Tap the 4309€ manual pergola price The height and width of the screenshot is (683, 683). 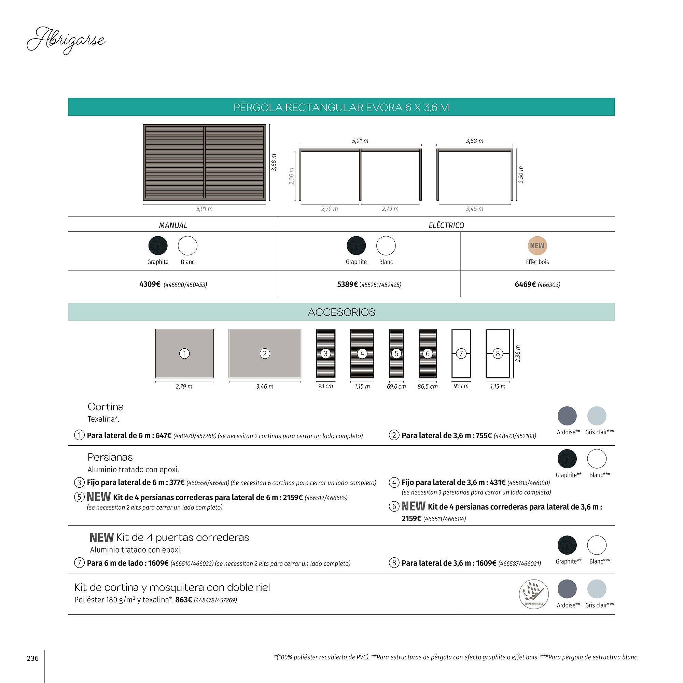[150, 284]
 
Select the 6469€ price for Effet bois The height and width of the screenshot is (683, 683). [525, 284]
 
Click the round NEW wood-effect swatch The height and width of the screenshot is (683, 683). [537, 246]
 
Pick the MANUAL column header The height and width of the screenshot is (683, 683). [173, 225]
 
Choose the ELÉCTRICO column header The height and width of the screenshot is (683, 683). [446, 225]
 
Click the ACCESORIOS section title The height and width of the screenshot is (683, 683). [341, 312]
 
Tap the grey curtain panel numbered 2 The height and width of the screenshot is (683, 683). [265, 353]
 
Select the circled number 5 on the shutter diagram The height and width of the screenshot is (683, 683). [396, 353]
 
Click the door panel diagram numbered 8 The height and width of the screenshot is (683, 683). [498, 353]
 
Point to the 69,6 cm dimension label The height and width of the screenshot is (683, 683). [396, 386]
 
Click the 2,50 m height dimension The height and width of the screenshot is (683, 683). [521, 175]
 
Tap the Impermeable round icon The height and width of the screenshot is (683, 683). [534, 594]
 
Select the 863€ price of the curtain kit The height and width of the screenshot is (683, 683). [183, 600]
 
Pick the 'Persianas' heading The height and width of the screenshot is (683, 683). [110, 457]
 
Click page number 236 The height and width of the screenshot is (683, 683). [32, 658]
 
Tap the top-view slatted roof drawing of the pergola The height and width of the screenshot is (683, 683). [204, 162]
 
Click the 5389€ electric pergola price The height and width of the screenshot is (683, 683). [348, 284]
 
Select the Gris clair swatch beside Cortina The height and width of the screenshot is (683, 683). [597, 416]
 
